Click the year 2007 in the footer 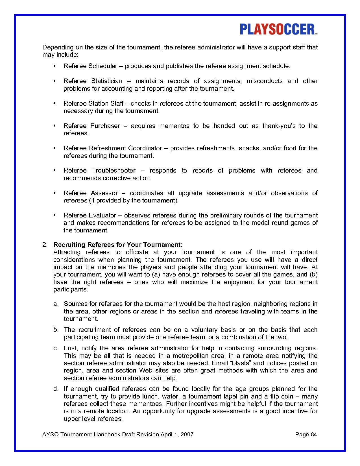click(x=187, y=434)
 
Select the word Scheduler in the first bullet click(x=103, y=66)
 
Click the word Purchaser click(x=105, y=126)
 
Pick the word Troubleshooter click(x=114, y=171)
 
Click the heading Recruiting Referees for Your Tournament click(x=118, y=245)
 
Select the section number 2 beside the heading click(x=44, y=245)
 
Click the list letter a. click(x=56, y=304)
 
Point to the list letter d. click(x=56, y=389)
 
